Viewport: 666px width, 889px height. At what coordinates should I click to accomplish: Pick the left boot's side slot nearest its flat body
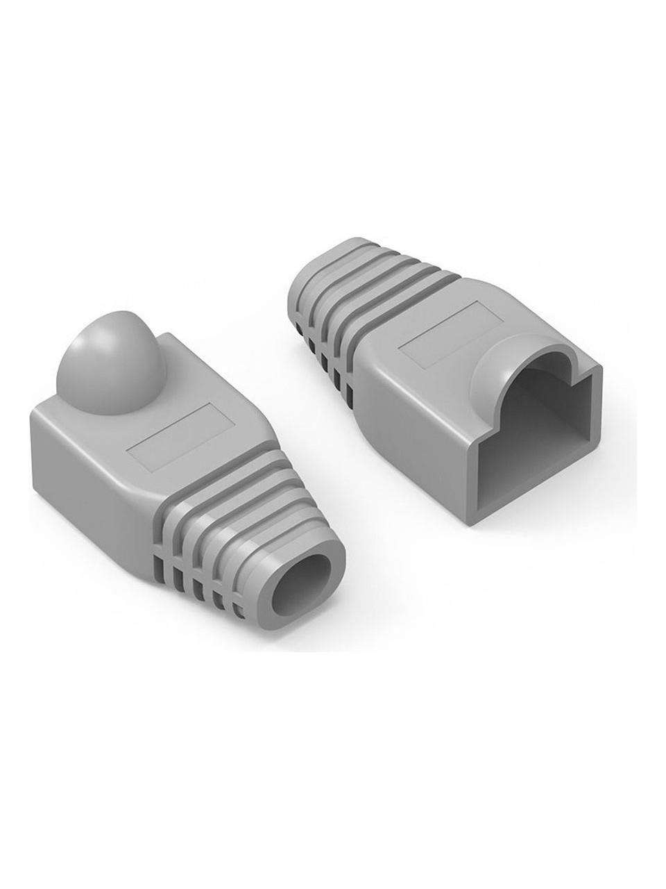(159, 539)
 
